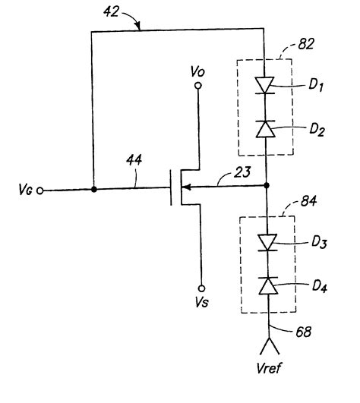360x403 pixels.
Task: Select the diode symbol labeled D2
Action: coord(267,129)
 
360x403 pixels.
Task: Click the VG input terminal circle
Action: coord(38,190)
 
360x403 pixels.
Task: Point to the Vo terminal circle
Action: coord(199,87)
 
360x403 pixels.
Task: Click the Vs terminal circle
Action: coord(199,288)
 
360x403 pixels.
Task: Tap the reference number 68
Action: coord(302,330)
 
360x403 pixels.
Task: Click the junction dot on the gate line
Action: coord(93,189)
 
